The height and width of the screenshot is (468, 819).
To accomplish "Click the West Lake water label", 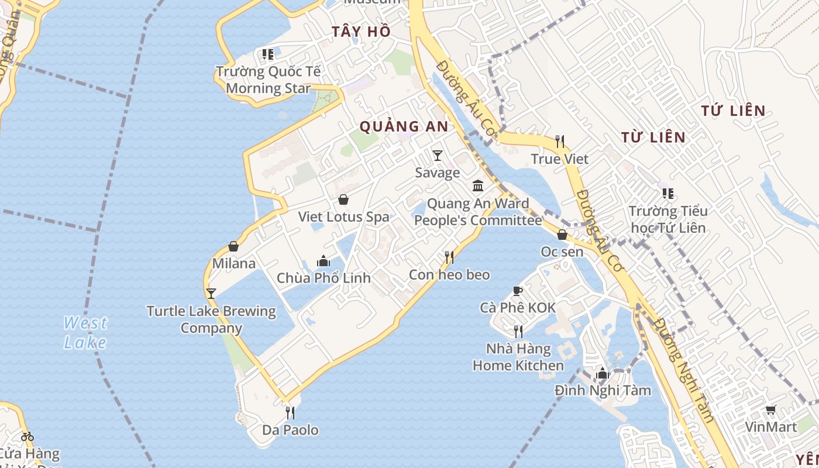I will pos(85,332).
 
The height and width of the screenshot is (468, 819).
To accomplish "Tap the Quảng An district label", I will pos(404,126).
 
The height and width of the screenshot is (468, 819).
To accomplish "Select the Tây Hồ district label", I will pos(361,32).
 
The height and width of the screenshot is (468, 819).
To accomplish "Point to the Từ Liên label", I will pos(653,137).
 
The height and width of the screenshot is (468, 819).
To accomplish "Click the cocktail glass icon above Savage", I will pos(437,155).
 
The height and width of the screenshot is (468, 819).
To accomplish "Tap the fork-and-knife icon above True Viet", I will pos(560,141).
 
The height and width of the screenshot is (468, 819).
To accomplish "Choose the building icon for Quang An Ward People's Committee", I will pos(478,186).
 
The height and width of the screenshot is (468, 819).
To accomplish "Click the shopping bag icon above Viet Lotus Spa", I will pos(343,199).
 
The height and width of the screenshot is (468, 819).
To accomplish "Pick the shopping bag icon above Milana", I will pos(233,246).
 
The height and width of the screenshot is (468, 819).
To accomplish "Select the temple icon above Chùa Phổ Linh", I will pos(324,261).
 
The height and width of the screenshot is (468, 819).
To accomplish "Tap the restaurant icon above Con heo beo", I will pos(449,257).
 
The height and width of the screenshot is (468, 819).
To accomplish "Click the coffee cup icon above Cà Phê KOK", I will pos(517,291).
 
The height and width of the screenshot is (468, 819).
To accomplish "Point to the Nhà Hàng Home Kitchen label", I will pos(518,357).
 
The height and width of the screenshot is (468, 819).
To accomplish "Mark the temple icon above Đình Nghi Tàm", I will pos(603,373).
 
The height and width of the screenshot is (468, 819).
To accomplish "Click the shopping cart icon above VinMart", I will pos(771,410).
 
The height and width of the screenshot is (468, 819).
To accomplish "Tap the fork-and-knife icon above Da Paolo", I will pos(290,413).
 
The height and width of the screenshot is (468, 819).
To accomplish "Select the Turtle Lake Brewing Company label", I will pos(211,319).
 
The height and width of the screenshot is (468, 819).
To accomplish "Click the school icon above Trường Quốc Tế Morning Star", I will pos(268,54).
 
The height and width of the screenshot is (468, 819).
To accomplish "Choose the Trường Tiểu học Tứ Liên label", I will pos(667,219).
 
